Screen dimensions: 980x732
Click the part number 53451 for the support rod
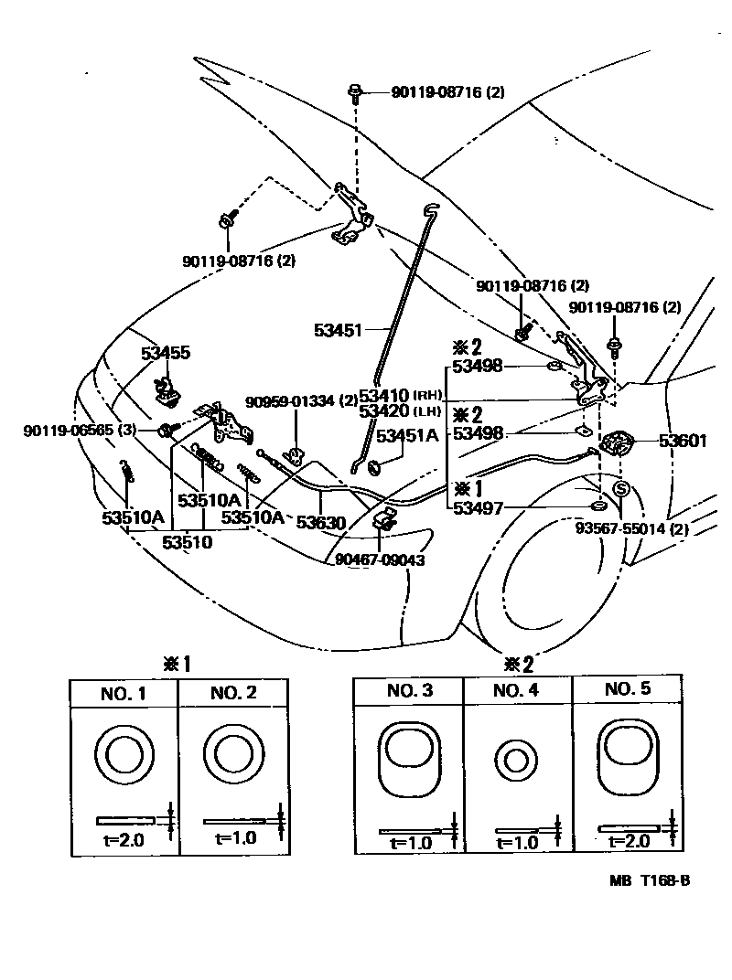tap(339, 330)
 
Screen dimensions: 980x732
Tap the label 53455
tap(166, 353)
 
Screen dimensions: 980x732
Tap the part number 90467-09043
tap(380, 559)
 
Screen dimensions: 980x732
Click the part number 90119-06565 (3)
tap(81, 430)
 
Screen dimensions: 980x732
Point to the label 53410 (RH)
tap(401, 396)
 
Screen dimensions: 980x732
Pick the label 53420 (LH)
tap(401, 412)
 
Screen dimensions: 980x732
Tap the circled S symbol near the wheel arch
tap(620, 489)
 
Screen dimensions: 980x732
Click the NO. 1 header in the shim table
tap(124, 693)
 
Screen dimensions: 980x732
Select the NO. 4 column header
tap(517, 691)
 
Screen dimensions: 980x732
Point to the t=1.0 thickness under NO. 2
tap(235, 836)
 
